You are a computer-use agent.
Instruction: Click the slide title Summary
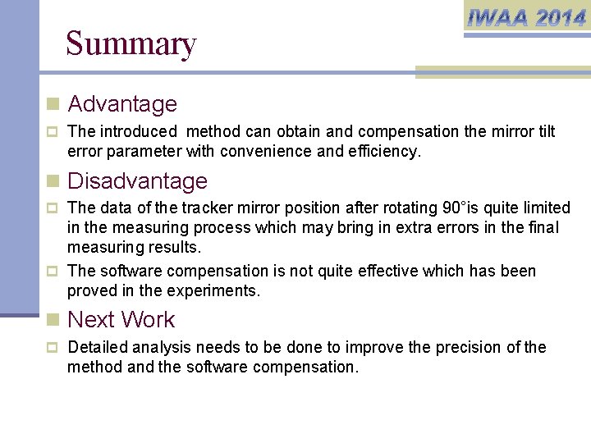click(131, 43)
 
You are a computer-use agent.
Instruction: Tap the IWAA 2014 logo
click(526, 17)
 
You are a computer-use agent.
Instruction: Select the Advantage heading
click(122, 104)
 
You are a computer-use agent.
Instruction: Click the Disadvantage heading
click(137, 180)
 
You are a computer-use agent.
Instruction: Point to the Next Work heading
click(121, 319)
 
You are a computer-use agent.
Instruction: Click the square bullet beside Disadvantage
click(53, 181)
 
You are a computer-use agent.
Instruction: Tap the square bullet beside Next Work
click(53, 320)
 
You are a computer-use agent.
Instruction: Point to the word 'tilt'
click(546, 131)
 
